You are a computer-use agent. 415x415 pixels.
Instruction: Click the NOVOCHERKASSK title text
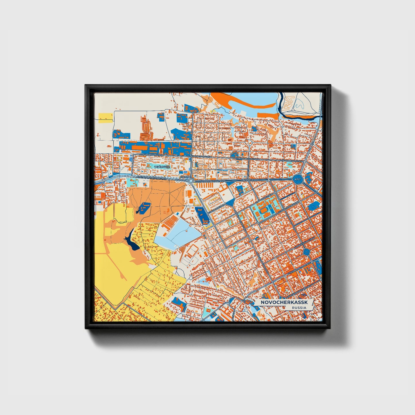(284, 303)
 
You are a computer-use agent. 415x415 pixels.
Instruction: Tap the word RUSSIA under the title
(299, 308)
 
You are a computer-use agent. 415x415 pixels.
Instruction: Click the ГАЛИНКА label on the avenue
(247, 180)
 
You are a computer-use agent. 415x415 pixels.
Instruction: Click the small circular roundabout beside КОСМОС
(191, 181)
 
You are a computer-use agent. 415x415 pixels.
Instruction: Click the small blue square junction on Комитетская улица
(306, 252)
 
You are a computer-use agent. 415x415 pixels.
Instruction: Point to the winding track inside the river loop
(296, 103)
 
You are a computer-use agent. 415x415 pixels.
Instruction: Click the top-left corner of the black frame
(86, 85)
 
